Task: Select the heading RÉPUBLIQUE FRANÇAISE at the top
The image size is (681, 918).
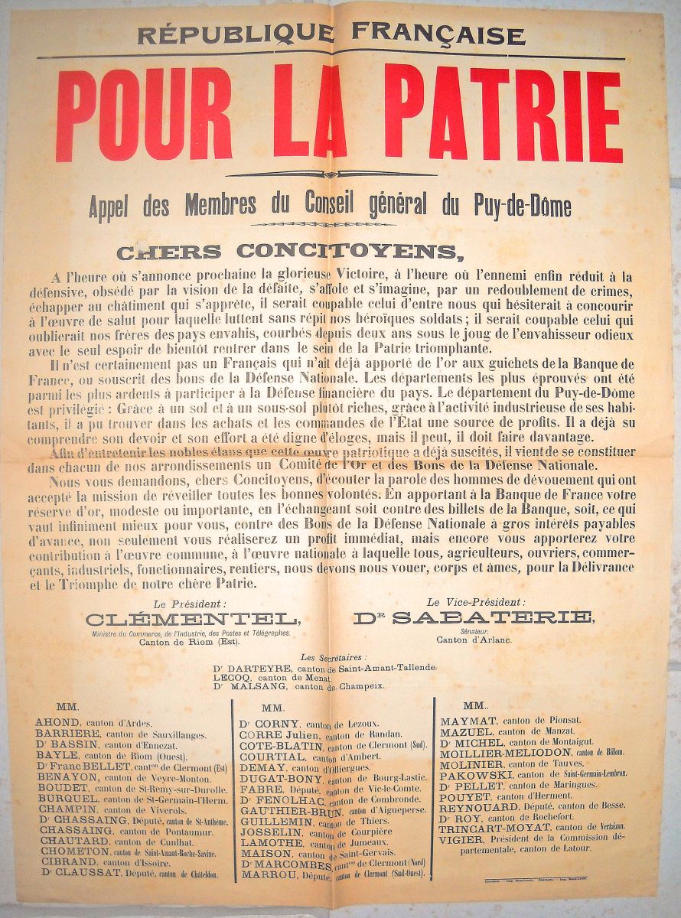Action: [x=331, y=34]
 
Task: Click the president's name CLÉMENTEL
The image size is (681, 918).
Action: [x=187, y=618]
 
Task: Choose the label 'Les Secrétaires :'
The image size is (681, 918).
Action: [x=334, y=656]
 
